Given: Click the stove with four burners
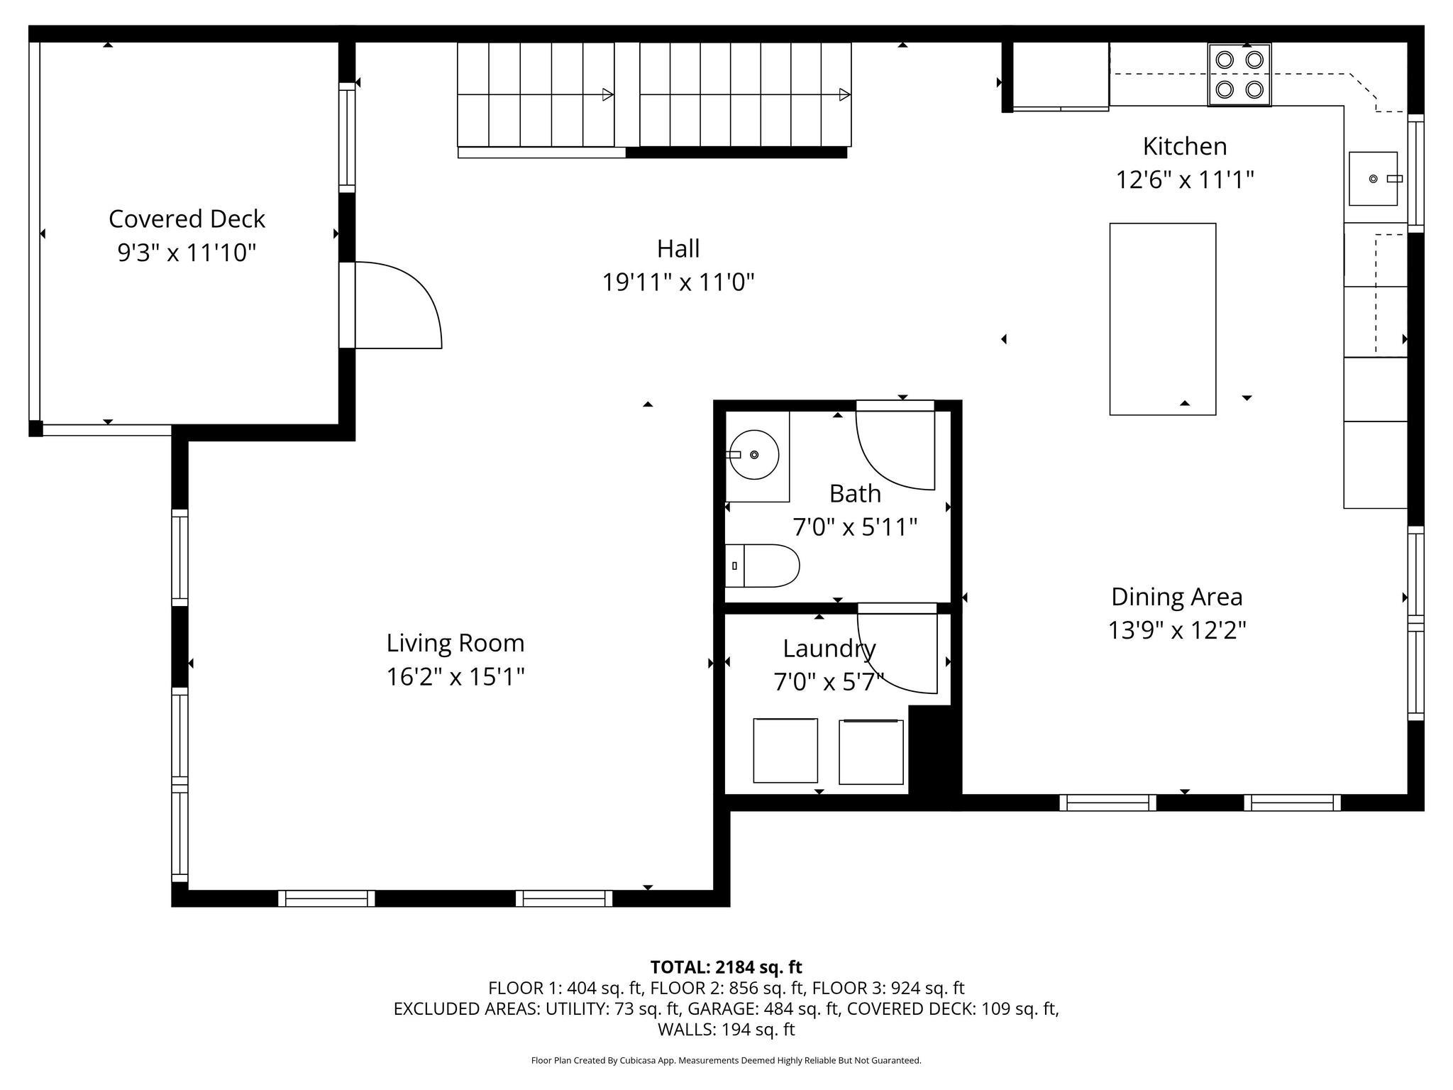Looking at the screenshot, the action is coord(1239,75).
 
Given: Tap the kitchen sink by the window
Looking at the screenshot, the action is coord(1373,179).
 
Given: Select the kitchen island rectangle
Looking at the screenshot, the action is coord(1163,319).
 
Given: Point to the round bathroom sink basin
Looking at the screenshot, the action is coord(753,454).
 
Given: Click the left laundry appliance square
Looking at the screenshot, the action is coord(785,750).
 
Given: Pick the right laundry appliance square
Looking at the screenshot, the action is coord(871,752).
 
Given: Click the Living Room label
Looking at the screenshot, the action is coord(455,643).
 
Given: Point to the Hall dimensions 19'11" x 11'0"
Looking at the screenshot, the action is coord(678,282).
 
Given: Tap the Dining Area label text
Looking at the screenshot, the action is coord(1177,597).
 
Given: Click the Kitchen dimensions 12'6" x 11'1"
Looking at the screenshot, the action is coord(1185,180).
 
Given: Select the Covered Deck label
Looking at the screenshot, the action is coord(187,219).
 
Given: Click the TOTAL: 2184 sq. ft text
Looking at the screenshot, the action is coord(726,967).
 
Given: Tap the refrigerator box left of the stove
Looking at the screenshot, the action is coord(1061,75).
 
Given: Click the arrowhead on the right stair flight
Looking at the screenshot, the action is coord(844,94).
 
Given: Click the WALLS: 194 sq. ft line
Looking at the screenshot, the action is coord(726,1029).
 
